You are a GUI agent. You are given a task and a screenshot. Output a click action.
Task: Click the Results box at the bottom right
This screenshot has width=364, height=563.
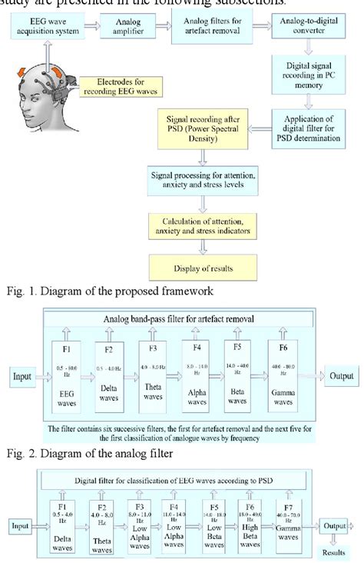click(339, 552)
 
